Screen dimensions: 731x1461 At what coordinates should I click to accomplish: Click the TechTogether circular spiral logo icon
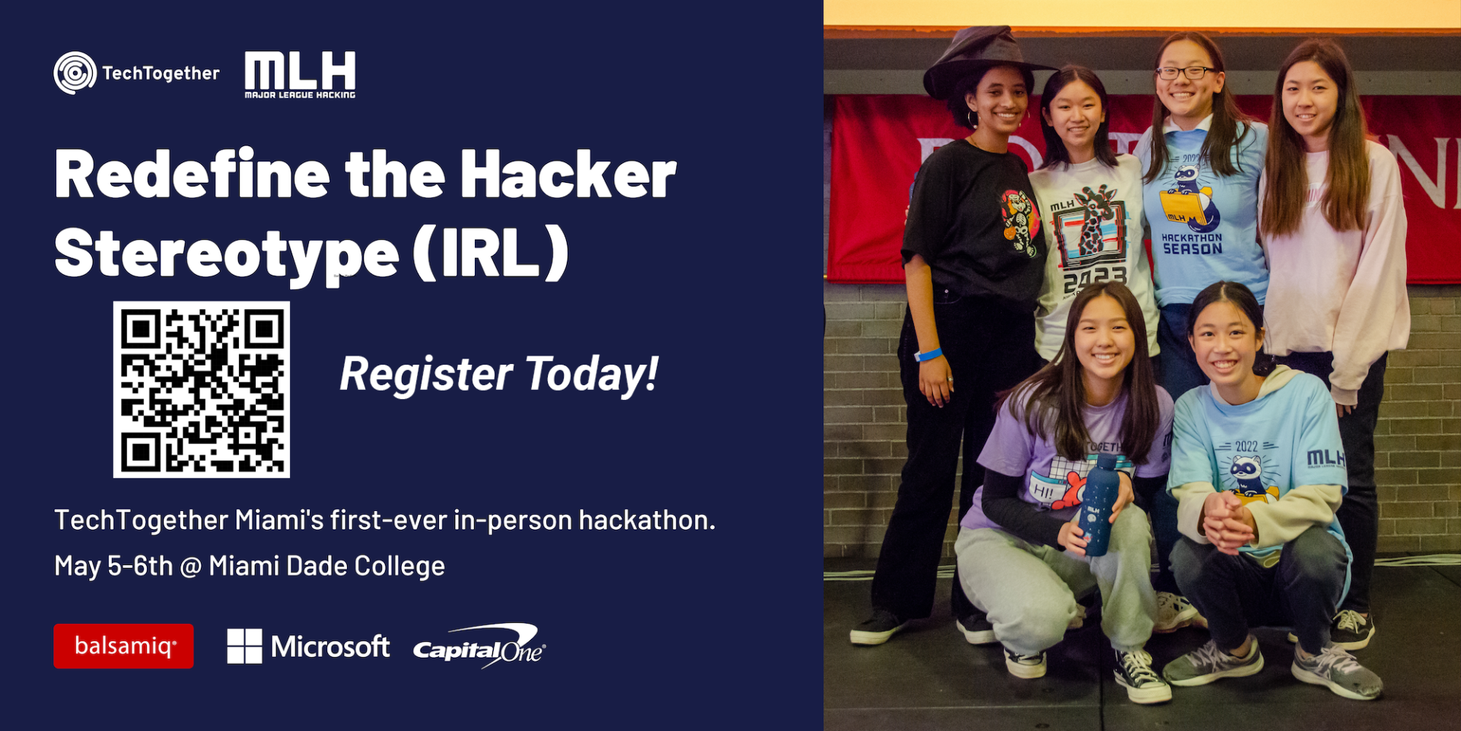[75, 73]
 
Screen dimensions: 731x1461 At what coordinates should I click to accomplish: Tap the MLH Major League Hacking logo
[300, 75]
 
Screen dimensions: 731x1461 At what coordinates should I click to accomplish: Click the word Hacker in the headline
[568, 175]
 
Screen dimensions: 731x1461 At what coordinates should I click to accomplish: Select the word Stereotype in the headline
[226, 254]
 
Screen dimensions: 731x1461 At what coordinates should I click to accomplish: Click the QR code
[202, 389]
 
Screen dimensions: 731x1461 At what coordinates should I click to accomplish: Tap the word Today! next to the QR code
[591, 374]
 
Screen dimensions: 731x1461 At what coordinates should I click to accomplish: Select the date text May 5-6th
[113, 566]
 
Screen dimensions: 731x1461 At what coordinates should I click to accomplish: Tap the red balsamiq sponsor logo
[123, 646]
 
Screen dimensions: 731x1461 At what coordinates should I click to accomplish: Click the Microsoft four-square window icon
[244, 646]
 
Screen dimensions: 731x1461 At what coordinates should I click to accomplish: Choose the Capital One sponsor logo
[479, 646]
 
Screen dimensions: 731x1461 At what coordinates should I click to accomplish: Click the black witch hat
[982, 60]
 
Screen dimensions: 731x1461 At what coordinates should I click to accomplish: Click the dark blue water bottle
[1098, 506]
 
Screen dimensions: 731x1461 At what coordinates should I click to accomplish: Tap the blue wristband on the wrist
[928, 354]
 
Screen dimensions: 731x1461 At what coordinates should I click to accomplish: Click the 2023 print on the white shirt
[1095, 279]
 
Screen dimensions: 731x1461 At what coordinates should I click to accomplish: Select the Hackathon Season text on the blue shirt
[1192, 244]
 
